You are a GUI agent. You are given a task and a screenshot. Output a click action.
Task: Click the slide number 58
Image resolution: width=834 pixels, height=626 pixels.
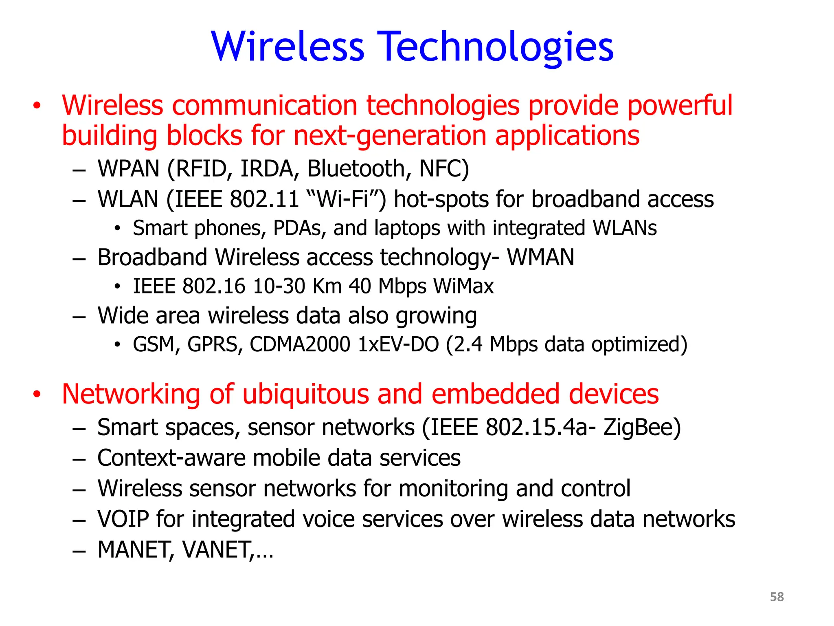click(777, 597)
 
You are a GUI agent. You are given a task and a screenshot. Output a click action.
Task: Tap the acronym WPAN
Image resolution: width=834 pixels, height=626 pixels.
click(128, 168)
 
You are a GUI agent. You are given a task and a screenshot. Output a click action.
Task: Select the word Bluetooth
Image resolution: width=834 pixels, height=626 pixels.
click(356, 168)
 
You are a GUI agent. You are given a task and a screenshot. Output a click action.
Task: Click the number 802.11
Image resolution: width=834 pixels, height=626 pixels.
click(264, 199)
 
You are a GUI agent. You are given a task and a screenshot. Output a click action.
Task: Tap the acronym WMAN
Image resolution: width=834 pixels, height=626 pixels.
click(540, 257)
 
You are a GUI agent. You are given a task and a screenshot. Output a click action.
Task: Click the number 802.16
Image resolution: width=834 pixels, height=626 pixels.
click(213, 286)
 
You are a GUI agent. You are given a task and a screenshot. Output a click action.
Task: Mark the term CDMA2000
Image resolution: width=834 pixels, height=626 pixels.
click(300, 344)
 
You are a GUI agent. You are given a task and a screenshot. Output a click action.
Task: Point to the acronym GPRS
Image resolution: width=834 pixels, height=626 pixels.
click(215, 344)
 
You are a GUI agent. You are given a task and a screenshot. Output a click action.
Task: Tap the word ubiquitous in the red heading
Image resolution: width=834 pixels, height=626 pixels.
click(305, 394)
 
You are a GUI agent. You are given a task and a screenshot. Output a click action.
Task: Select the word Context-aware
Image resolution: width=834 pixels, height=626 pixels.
click(171, 458)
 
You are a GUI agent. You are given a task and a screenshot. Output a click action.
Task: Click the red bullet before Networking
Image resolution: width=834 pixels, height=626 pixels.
click(37, 395)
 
